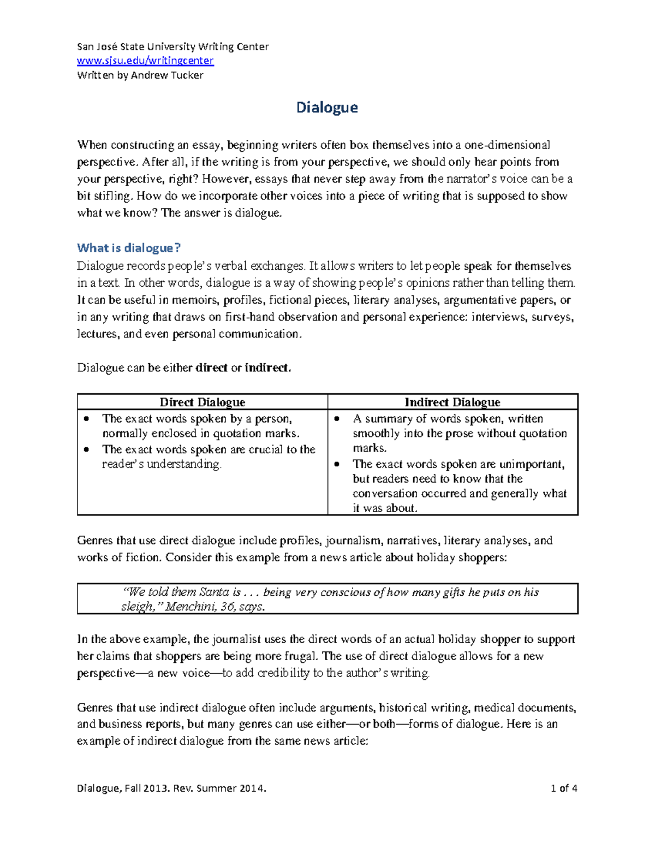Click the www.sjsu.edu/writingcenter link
(x=145, y=61)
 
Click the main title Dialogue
(x=326, y=108)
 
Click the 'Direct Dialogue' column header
(x=202, y=402)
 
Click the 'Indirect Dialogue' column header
(x=452, y=402)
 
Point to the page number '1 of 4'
(x=564, y=788)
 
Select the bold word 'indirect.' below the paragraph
(x=267, y=368)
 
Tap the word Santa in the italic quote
(x=214, y=592)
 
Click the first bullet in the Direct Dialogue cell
(x=86, y=419)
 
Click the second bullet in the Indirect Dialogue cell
(x=337, y=464)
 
